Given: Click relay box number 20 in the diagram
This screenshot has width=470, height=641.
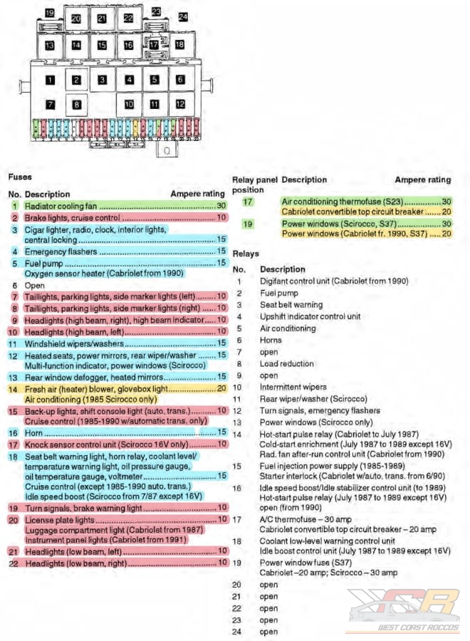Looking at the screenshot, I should coord(76,19).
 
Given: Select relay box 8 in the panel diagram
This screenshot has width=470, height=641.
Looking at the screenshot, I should coord(76,104).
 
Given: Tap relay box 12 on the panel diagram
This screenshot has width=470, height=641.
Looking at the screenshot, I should coord(181,104).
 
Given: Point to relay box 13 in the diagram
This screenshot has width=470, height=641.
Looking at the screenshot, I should coord(50,45).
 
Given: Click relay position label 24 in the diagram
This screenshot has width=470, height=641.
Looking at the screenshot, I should coord(183,16).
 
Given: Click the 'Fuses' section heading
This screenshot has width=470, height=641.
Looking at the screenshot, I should coord(20,176).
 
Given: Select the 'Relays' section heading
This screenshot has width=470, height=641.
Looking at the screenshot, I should coord(246,254).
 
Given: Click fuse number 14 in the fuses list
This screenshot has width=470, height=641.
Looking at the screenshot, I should coord(14,389).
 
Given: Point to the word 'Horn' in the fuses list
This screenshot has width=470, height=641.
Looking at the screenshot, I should coord(33,432).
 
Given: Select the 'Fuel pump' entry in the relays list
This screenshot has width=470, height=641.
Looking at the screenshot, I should coord(277,293).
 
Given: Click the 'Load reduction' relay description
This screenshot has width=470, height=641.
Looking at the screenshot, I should coord(286,363).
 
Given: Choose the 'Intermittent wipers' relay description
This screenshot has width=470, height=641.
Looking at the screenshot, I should coord(292,387).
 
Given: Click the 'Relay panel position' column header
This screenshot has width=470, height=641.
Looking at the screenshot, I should coord(249,184).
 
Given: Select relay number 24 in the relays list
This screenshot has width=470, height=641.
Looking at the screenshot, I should coord(238,631).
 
